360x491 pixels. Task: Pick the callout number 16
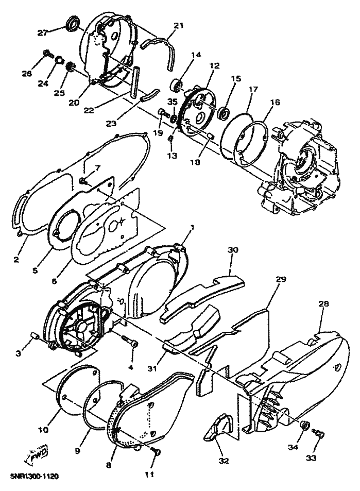click(x=275, y=103)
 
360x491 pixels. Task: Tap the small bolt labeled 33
click(x=319, y=436)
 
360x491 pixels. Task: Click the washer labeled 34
click(x=305, y=426)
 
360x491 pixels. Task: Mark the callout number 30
click(x=233, y=249)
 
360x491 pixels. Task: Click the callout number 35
click(x=173, y=101)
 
